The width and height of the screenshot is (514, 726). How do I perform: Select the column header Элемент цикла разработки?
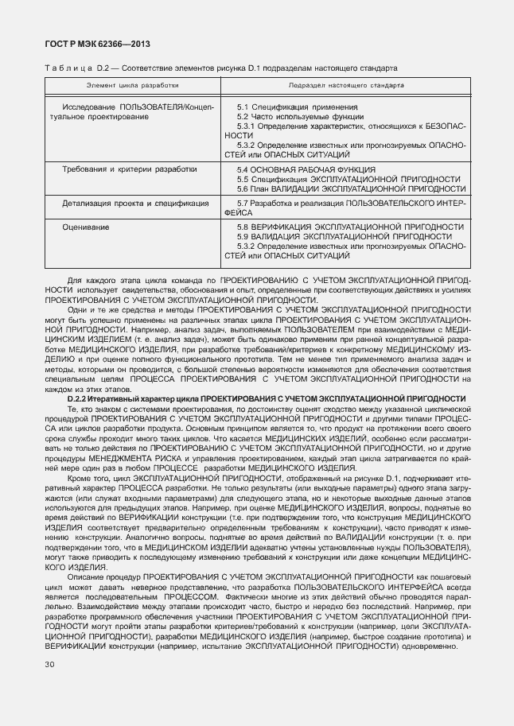pyautogui.click(x=133, y=83)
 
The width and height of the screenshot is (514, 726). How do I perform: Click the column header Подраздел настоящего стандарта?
pyautogui.click(x=347, y=83)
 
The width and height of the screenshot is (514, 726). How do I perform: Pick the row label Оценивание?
pyautogui.click(x=84, y=227)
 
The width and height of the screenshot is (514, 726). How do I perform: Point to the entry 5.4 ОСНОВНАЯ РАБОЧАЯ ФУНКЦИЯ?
pyautogui.click(x=306, y=169)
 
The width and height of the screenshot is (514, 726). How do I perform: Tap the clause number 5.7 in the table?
pyautogui.click(x=243, y=204)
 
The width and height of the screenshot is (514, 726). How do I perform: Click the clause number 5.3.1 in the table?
pyautogui.click(x=246, y=126)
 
